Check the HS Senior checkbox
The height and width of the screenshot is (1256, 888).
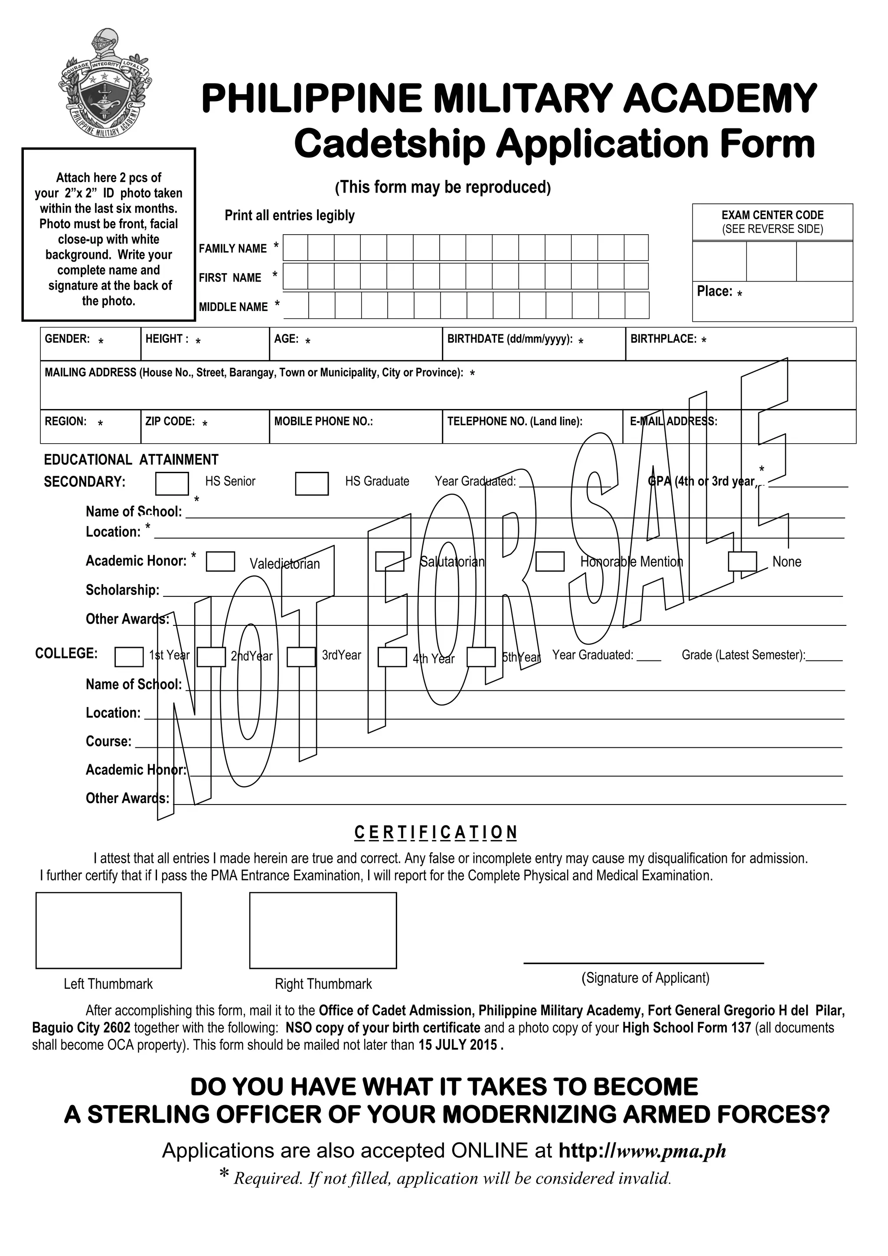pyautogui.click(x=172, y=484)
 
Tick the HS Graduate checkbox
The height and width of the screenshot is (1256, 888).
pyautogui.click(x=312, y=484)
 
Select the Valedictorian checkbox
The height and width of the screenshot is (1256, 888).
pyautogui.click(x=220, y=561)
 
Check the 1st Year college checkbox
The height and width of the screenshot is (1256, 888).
pyautogui.click(x=129, y=657)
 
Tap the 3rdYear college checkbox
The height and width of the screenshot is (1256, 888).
pyautogui.click(x=301, y=657)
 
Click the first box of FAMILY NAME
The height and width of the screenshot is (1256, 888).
pyautogui.click(x=295, y=248)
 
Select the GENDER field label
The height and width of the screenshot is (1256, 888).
pyautogui.click(x=67, y=339)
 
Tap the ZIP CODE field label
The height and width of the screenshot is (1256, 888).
pyautogui.click(x=170, y=421)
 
